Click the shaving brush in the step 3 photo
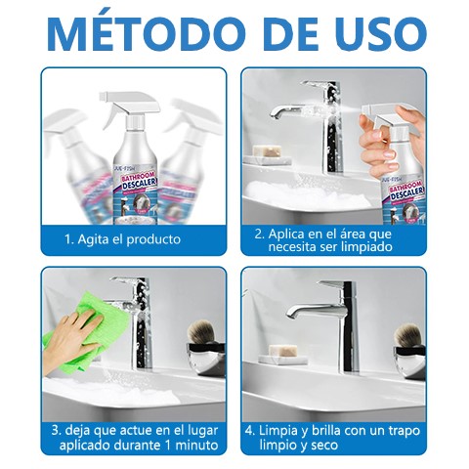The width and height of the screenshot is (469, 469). (x=206, y=338)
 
